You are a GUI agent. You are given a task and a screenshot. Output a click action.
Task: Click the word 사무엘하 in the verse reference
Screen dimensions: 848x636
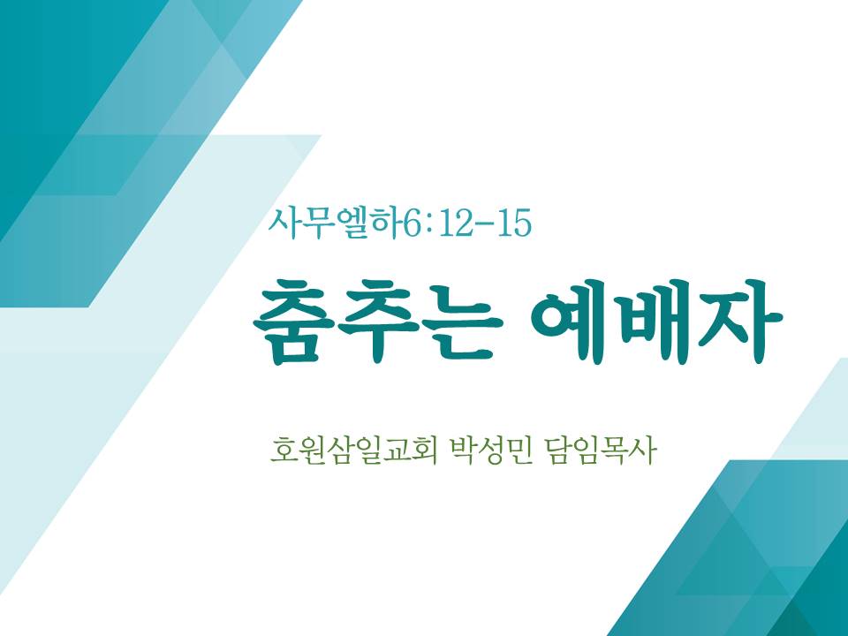(x=337, y=223)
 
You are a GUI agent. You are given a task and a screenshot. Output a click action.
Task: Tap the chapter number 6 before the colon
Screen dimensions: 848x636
(x=413, y=223)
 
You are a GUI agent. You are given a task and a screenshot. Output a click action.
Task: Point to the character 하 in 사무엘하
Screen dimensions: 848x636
(x=387, y=223)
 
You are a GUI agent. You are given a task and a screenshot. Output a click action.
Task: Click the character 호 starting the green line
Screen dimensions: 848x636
(x=283, y=451)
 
